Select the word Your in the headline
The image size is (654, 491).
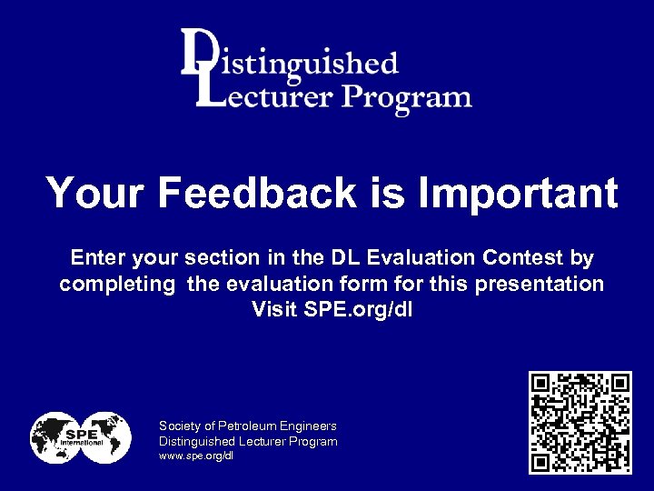tap(94, 193)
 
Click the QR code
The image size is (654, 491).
tap(580, 422)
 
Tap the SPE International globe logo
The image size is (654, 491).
tap(80, 437)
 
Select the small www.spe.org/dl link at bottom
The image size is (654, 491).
tap(196, 456)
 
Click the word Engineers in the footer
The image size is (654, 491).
tap(308, 426)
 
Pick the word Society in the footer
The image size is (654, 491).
tap(180, 426)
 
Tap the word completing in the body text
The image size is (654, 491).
tap(117, 285)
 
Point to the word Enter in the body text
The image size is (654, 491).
tap(96, 258)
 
